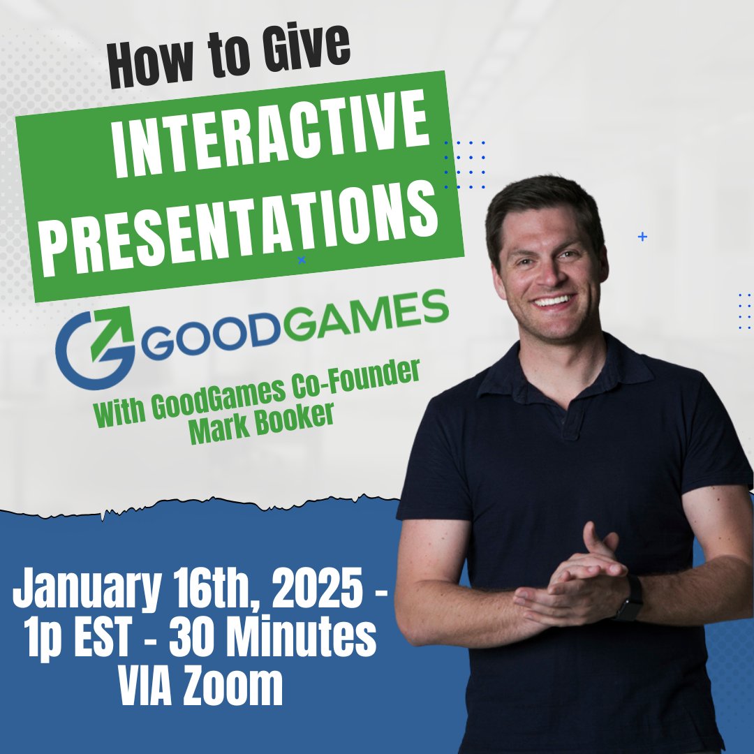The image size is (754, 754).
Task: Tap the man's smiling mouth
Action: pos(553,300)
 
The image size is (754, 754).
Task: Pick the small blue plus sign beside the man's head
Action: pos(642,237)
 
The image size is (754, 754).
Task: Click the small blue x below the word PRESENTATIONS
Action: pos(302,260)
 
